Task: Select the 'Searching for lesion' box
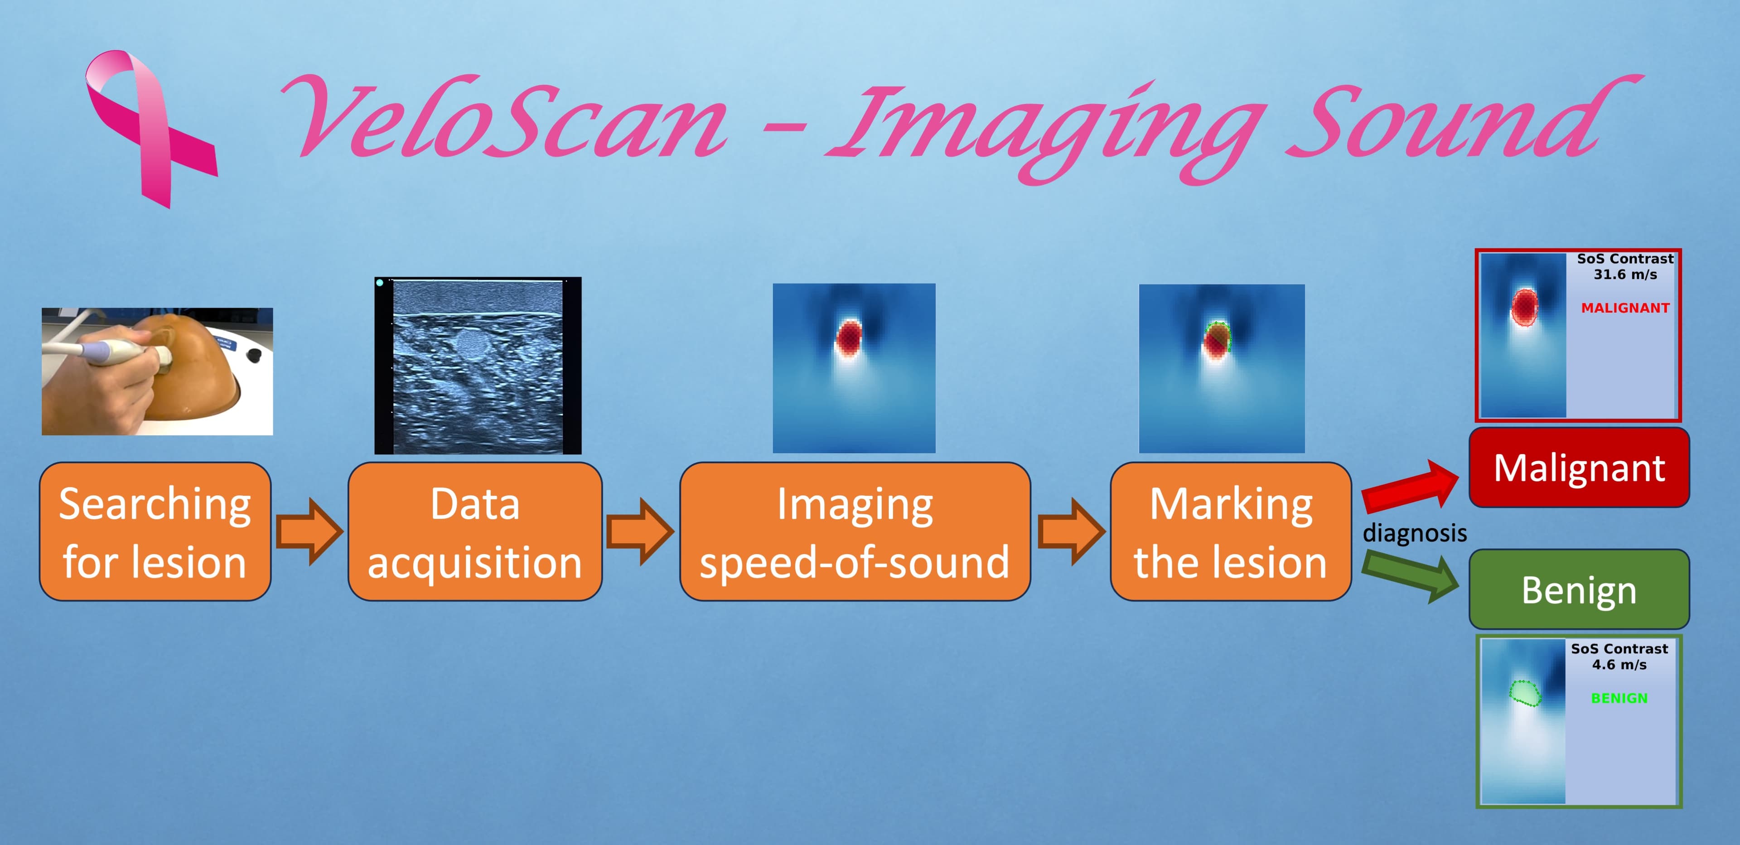[155, 531]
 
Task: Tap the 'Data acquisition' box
[475, 531]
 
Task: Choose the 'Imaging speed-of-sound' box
[855, 531]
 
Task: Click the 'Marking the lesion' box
[1231, 531]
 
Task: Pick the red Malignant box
[1579, 468]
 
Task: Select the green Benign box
[1579, 589]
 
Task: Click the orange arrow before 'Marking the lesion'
[1071, 531]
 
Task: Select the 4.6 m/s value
[1619, 665]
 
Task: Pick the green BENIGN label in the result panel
[1619, 698]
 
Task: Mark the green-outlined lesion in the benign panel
[1525, 694]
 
